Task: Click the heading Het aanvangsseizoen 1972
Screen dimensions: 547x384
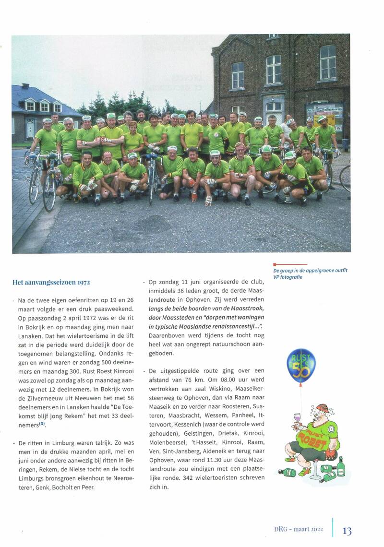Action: point(51,282)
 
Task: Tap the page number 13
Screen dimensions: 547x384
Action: point(347,531)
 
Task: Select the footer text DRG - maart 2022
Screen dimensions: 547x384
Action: point(295,531)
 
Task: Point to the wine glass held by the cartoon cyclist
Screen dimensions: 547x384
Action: point(297,418)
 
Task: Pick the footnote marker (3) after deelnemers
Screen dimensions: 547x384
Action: point(42,424)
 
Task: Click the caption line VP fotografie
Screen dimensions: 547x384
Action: point(288,277)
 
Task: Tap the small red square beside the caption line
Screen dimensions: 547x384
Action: point(275,264)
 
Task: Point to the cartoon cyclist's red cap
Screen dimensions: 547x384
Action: point(322,408)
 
